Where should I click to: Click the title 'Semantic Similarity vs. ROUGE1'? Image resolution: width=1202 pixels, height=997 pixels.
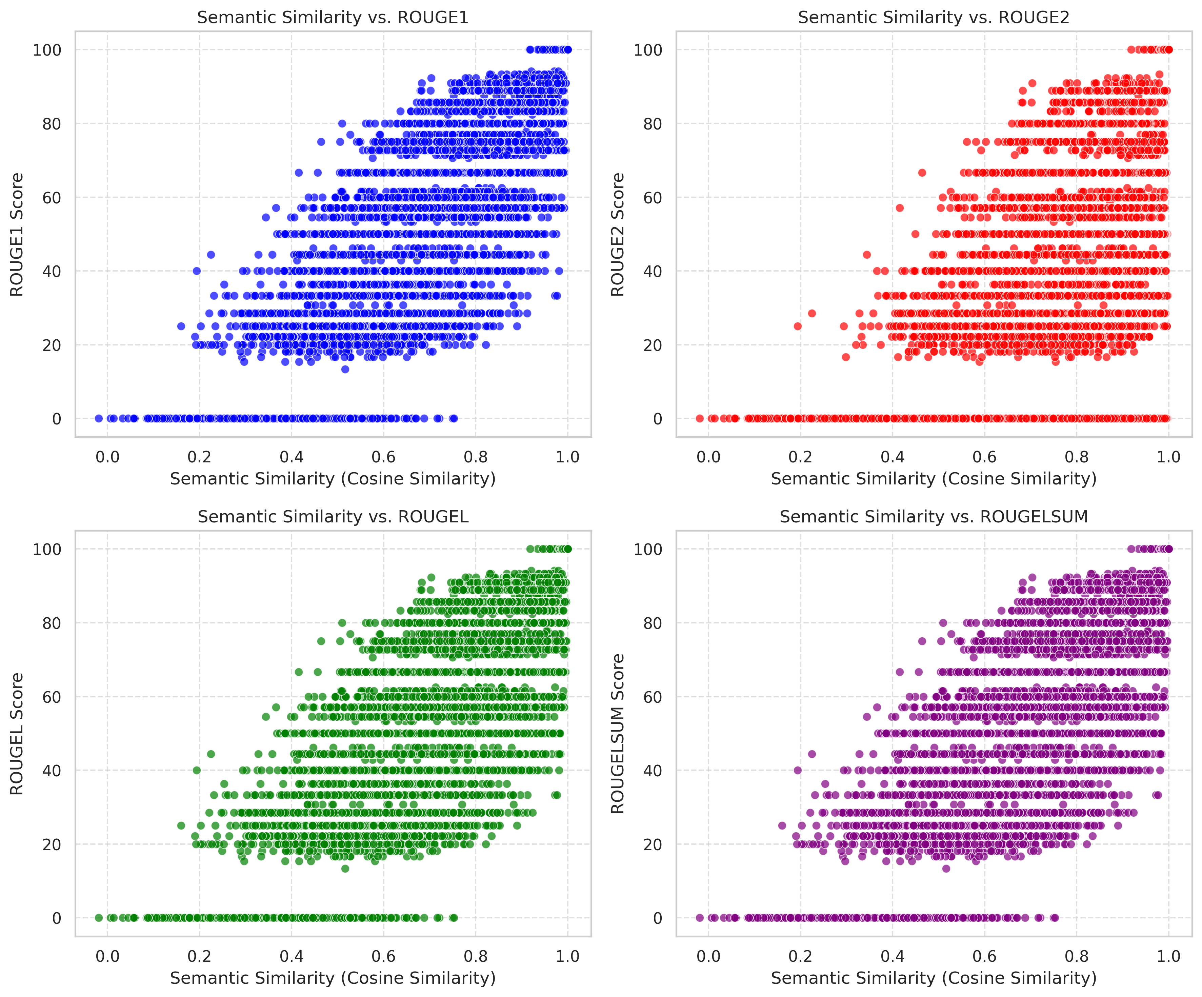(x=333, y=18)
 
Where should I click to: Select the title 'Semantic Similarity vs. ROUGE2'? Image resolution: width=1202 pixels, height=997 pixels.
(x=934, y=18)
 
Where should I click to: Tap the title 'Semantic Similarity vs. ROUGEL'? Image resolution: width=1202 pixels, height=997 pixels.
(x=333, y=517)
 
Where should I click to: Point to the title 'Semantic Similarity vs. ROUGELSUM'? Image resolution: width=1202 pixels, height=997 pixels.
(x=934, y=517)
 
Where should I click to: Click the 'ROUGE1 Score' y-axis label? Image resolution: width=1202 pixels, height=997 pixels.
(x=17, y=235)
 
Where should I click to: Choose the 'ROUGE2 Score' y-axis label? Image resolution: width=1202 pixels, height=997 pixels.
(x=618, y=235)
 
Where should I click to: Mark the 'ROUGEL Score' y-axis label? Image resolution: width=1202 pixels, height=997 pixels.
(x=17, y=734)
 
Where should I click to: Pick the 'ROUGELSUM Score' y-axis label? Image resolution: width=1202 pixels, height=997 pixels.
(x=618, y=734)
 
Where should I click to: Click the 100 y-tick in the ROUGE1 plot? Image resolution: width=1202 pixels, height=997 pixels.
(x=47, y=50)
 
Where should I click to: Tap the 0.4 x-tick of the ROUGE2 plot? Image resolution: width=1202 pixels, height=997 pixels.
(x=892, y=457)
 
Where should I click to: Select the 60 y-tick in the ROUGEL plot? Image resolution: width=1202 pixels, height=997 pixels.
(x=52, y=697)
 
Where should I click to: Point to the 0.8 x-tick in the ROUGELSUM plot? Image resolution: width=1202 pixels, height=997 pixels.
(x=1076, y=956)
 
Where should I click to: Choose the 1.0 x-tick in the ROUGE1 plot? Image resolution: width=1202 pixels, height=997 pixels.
(x=568, y=457)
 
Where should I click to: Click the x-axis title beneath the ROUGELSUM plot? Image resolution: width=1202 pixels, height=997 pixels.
(x=934, y=978)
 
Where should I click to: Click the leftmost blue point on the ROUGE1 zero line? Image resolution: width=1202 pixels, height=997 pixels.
(x=98, y=418)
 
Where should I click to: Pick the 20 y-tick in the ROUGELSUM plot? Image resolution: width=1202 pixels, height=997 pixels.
(x=653, y=844)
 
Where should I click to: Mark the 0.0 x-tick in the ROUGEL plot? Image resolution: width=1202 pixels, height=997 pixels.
(x=107, y=956)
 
